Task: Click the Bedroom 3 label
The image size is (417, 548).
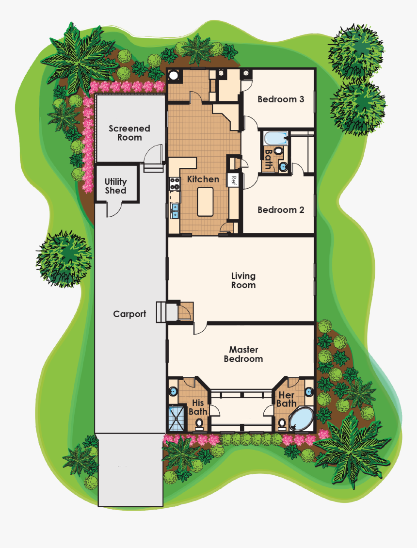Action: click(281, 99)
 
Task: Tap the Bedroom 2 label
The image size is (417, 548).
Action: click(281, 210)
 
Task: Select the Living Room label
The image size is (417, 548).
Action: click(243, 280)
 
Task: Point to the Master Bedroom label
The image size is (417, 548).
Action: click(243, 354)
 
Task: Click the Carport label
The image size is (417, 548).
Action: click(129, 314)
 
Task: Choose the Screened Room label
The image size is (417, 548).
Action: click(129, 133)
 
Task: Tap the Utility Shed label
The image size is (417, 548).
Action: click(115, 186)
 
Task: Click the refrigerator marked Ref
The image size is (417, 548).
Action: click(233, 180)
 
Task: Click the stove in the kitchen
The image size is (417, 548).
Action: click(174, 183)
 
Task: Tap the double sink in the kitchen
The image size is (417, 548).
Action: click(174, 210)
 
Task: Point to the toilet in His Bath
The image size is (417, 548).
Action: click(199, 423)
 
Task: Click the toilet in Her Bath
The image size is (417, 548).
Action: click(282, 423)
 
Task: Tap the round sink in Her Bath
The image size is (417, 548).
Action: click(309, 391)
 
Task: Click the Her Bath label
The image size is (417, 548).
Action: click(286, 399)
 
